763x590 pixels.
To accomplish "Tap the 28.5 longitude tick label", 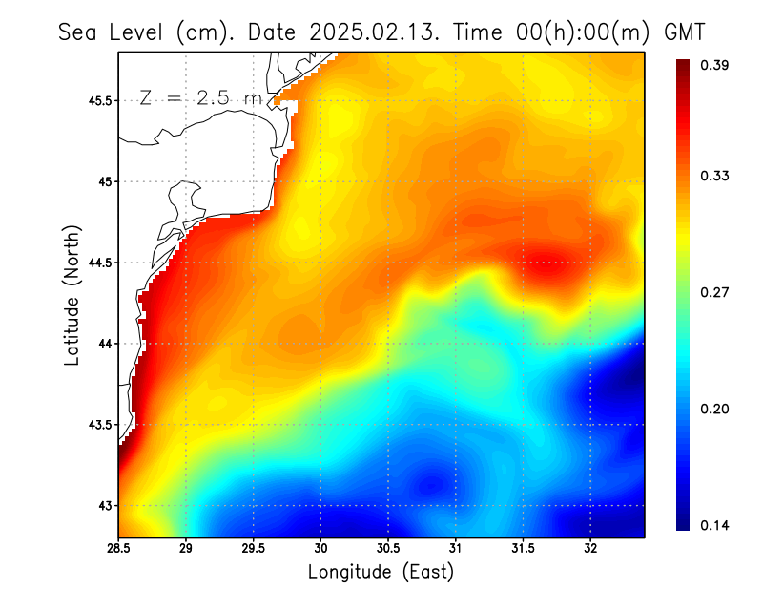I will click(119, 549).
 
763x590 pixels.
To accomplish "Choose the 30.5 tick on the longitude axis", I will click(388, 549).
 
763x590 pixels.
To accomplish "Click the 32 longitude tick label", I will click(590, 549).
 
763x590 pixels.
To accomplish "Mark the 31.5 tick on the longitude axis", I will click(523, 549).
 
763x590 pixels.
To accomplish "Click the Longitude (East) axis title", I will click(381, 572).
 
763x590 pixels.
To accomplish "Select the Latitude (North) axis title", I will click(72, 296).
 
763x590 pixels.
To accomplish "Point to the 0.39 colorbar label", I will click(715, 65).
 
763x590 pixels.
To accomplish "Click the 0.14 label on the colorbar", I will click(715, 525).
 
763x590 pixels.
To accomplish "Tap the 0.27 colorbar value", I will click(715, 292).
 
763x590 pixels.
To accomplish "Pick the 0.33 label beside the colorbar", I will click(715, 176).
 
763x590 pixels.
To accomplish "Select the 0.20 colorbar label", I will click(715, 409).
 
